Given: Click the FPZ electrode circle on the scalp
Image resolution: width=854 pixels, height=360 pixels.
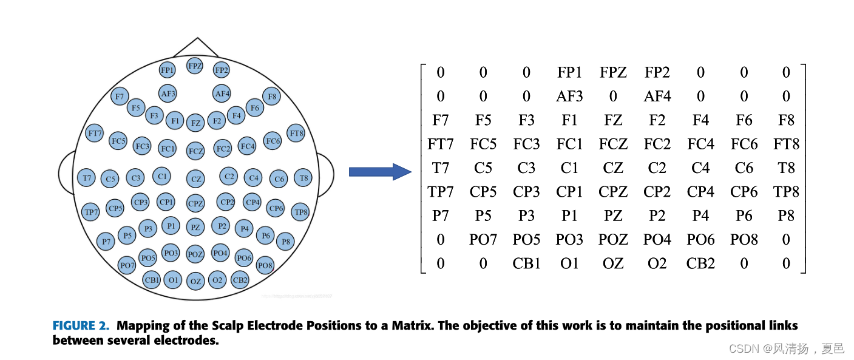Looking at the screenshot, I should (x=195, y=66).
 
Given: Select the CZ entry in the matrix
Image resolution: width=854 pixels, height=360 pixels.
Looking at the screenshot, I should (x=613, y=168).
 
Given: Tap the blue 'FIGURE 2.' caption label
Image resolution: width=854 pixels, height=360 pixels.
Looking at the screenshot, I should (x=81, y=326).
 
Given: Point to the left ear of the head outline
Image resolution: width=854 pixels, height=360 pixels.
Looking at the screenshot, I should (x=65, y=172).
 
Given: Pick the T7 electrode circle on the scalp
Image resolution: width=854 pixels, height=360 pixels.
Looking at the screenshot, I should (x=87, y=178).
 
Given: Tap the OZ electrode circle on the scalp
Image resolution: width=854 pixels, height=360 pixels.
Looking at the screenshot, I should (x=195, y=281).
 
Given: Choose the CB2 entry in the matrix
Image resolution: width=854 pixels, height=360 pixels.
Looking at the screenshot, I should (x=700, y=263).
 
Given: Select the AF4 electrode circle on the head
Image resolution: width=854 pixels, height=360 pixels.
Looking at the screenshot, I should (x=222, y=93).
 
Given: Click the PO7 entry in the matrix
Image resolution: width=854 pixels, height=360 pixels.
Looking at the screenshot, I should (x=483, y=240).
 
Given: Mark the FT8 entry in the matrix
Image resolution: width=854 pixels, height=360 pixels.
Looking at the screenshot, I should (x=786, y=144).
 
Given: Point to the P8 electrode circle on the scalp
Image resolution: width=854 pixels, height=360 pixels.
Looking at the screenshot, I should (x=285, y=241).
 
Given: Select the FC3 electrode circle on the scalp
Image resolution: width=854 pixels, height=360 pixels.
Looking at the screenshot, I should (x=142, y=146).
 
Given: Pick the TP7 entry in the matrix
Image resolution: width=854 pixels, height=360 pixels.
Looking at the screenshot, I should (x=441, y=192).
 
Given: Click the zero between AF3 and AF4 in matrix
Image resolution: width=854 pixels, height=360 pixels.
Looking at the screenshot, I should (x=613, y=97).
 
